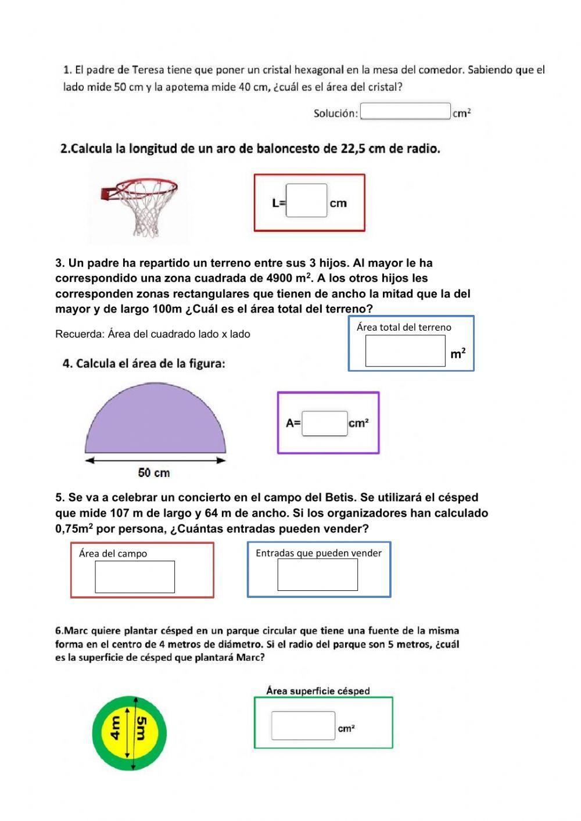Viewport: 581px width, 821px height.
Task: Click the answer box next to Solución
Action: [405, 111]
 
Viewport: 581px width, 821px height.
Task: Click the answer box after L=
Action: [306, 200]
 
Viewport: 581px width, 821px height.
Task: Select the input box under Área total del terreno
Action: [405, 351]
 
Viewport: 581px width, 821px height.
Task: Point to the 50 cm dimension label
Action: [154, 473]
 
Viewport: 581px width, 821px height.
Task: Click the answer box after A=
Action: [324, 423]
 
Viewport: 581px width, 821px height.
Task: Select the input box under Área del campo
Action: [135, 576]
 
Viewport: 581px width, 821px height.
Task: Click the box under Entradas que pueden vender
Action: [317, 574]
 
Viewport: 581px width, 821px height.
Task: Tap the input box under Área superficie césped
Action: [303, 726]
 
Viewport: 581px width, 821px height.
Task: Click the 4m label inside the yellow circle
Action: [115, 728]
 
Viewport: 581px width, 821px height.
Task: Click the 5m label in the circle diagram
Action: [141, 728]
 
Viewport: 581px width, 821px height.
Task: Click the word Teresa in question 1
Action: [148, 70]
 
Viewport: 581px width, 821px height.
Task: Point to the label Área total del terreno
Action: [404, 327]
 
